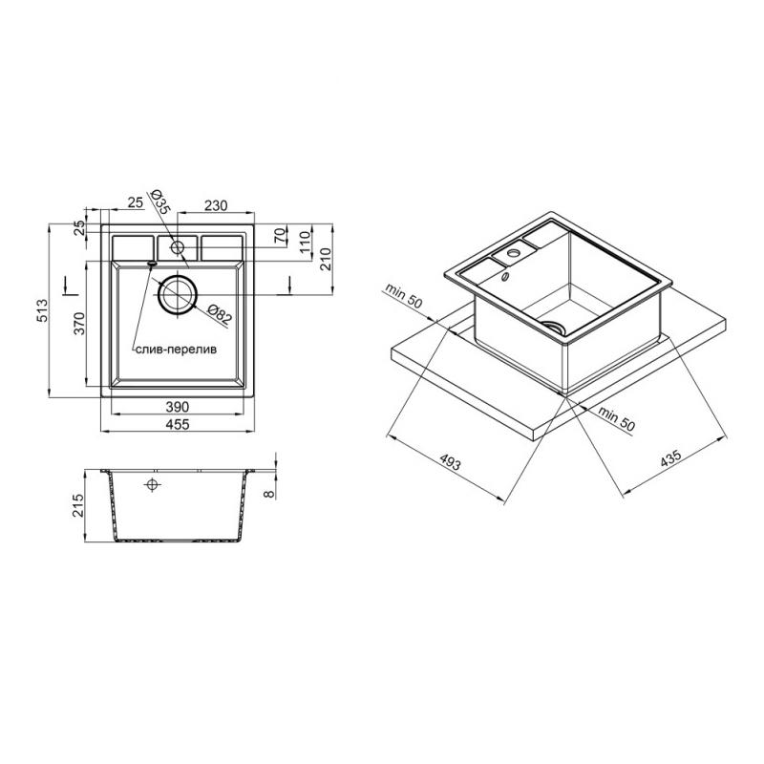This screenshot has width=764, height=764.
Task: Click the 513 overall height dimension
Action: point(43,311)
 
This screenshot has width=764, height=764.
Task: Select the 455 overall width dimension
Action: point(178,424)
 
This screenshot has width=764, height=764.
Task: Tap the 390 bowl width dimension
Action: point(178,407)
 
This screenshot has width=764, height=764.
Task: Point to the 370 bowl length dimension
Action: point(79,323)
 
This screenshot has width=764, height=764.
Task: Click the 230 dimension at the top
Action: point(216,205)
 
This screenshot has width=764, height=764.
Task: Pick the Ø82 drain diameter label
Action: point(218,315)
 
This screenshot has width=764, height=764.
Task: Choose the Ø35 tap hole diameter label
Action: point(159,202)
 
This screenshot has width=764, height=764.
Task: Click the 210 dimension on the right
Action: point(326,259)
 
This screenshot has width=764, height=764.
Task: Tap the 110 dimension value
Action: point(305,243)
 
